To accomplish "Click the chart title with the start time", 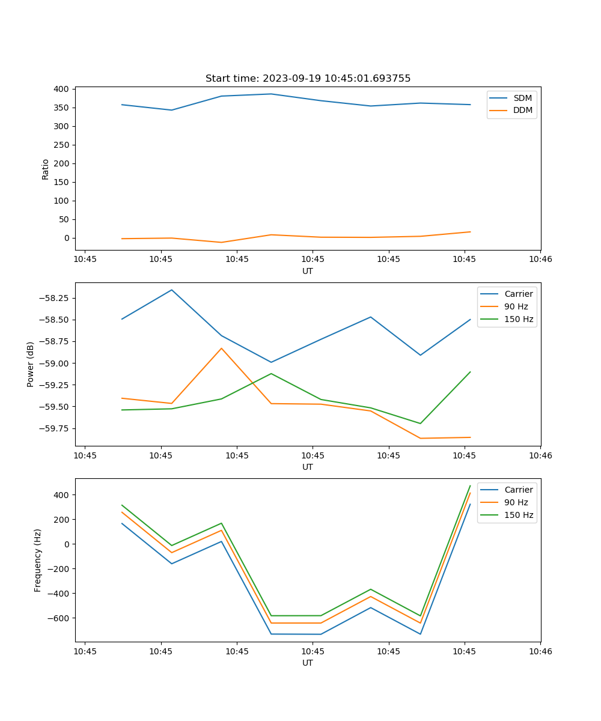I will tap(308, 79).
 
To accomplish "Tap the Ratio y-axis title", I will tap(46, 168).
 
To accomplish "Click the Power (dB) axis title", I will tap(31, 364).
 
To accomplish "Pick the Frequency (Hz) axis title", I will tap(38, 560).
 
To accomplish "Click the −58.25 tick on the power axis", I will tap(53, 298).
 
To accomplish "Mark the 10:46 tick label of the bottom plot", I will tap(540, 651).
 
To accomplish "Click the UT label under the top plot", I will tap(308, 271).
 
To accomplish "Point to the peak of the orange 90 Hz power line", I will tap(221, 348).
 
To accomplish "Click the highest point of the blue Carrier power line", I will tap(172, 290).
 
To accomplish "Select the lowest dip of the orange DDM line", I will tap(221, 242).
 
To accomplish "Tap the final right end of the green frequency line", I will tap(470, 485).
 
